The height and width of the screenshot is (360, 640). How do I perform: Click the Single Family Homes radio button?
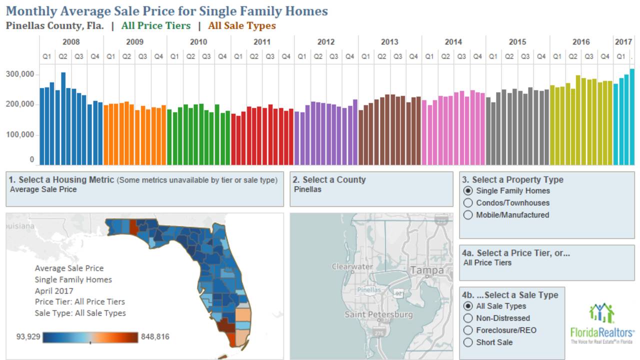[468, 190]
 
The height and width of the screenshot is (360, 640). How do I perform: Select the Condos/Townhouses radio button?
[468, 202]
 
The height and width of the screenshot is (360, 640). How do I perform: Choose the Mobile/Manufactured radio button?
[468, 215]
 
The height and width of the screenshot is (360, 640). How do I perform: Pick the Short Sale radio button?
[468, 342]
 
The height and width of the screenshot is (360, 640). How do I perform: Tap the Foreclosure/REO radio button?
[468, 330]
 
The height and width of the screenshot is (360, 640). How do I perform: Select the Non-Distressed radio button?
[468, 318]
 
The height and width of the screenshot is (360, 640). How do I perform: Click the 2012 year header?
[325, 42]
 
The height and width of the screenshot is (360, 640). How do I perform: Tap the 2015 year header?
[517, 42]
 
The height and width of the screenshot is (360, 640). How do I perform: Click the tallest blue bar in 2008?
[63, 118]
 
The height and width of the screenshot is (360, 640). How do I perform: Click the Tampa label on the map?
[426, 270]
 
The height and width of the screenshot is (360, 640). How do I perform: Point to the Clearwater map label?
[352, 266]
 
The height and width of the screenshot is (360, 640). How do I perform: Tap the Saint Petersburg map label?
[378, 314]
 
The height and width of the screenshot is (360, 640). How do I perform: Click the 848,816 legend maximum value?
[155, 337]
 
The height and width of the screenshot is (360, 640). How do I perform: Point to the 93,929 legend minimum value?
[28, 337]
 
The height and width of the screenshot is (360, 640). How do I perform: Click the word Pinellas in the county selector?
[307, 189]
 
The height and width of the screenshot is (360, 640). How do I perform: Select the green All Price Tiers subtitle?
[155, 25]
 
